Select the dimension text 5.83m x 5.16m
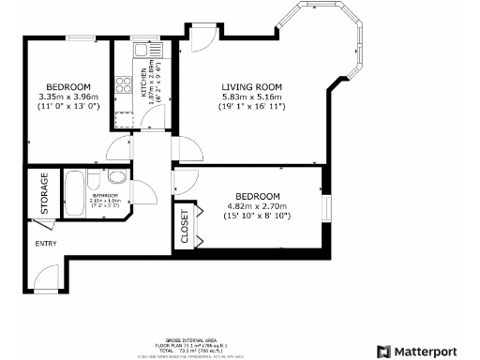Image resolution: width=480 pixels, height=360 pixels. tap(251, 96)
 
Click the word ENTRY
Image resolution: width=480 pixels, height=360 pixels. tap(46, 244)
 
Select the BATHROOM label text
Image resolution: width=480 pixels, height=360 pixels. tap(105, 195)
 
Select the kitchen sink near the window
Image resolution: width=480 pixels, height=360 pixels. tap(139, 52)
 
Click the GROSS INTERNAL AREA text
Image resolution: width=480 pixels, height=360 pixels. tap(191, 340)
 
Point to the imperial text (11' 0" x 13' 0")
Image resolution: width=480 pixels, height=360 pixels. tap(68, 106)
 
